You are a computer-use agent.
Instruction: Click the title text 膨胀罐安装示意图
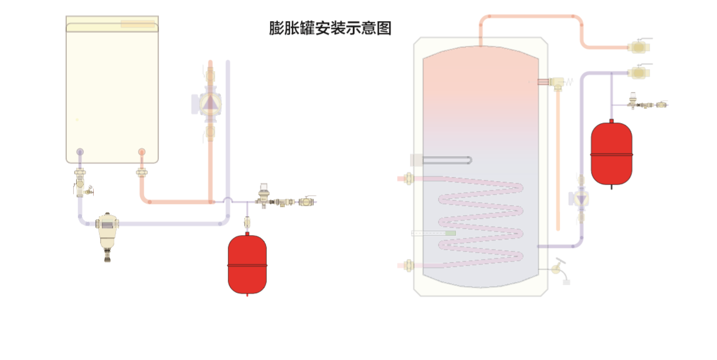[x=330, y=28]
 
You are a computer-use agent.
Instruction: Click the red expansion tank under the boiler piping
[x=247, y=264]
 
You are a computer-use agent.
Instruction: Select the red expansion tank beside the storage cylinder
[x=611, y=154]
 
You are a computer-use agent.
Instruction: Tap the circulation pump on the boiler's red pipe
[x=210, y=103]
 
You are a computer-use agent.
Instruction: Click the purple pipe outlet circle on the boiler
[x=80, y=152]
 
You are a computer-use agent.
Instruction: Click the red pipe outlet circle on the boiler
[x=142, y=152]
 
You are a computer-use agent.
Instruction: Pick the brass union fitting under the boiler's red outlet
[x=142, y=172]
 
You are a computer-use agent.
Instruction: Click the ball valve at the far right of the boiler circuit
[x=307, y=202]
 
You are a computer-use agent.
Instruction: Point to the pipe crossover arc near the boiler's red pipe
[x=228, y=200]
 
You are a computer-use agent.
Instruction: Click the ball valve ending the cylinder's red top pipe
[x=640, y=47]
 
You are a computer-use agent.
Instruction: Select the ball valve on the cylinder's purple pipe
[x=640, y=73]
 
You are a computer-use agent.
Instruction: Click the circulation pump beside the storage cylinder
[x=581, y=199]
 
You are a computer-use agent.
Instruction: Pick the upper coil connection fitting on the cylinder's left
[x=407, y=178]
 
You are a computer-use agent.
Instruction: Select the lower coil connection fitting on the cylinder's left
[x=407, y=266]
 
